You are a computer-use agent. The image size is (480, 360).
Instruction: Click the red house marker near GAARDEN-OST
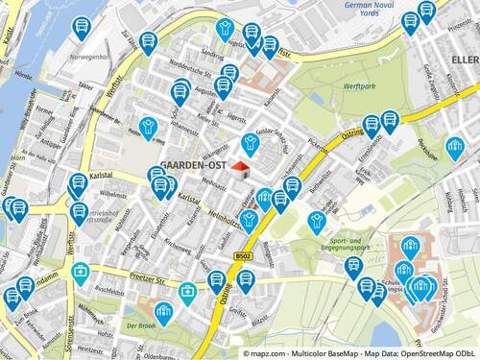pyautogui.click(x=239, y=170)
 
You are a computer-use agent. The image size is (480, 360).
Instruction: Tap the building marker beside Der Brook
pyautogui.click(x=164, y=310)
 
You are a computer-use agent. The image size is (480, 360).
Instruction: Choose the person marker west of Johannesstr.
pyautogui.click(x=148, y=127)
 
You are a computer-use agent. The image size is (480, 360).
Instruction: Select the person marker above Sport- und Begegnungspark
pyautogui.click(x=318, y=221)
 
